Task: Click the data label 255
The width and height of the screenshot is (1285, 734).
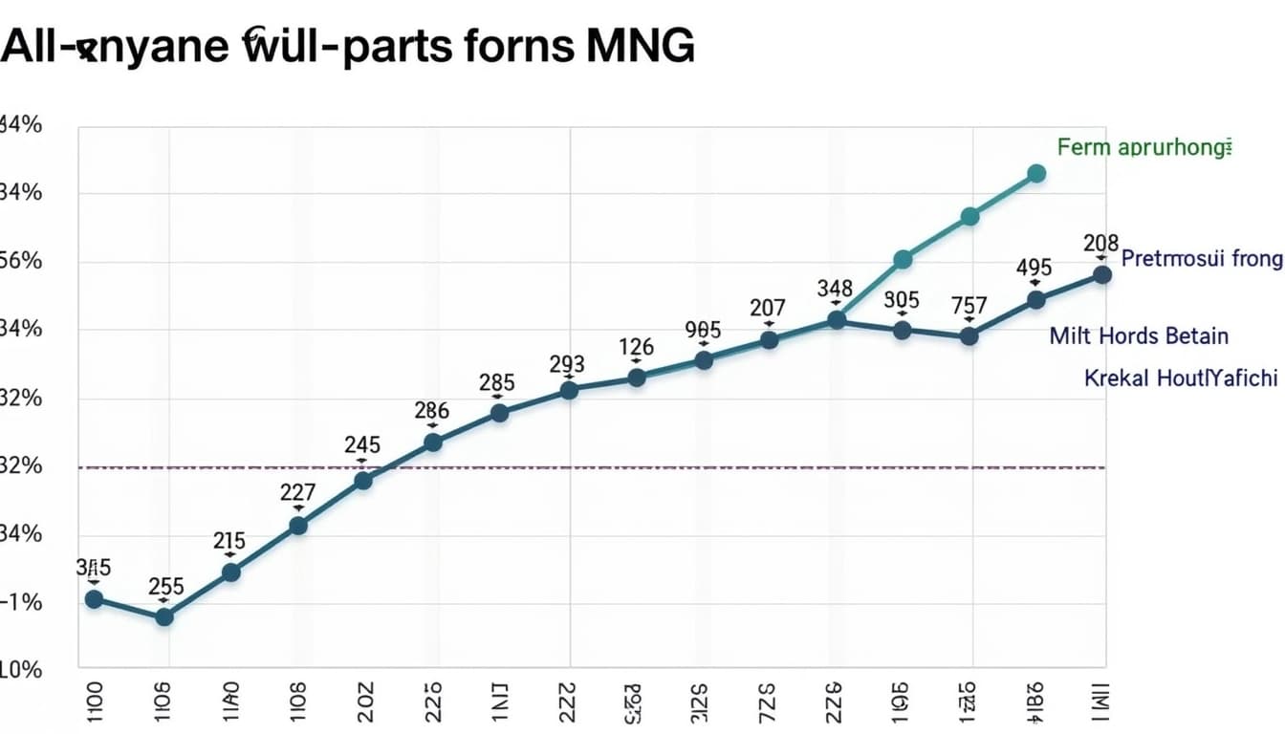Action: pyautogui.click(x=166, y=587)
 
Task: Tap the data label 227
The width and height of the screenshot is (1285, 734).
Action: pyautogui.click(x=298, y=493)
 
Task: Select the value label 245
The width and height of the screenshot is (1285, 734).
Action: pyautogui.click(x=362, y=444)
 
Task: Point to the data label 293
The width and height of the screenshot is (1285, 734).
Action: pyautogui.click(x=567, y=364)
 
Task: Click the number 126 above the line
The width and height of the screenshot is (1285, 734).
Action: pyautogui.click(x=637, y=347)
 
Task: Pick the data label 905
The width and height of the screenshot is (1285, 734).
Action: pyautogui.click(x=703, y=330)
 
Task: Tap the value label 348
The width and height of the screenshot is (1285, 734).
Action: pyautogui.click(x=836, y=288)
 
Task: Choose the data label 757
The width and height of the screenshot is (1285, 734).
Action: pyautogui.click(x=969, y=306)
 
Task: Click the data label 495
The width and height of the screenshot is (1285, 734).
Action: pyautogui.click(x=1034, y=268)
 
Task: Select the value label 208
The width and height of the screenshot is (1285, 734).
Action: pyautogui.click(x=1101, y=244)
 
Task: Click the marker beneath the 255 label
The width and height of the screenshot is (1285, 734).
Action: pyautogui.click(x=164, y=617)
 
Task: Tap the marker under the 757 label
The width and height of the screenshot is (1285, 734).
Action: pyautogui.click(x=969, y=336)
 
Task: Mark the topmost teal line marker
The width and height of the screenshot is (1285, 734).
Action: pyautogui.click(x=1036, y=173)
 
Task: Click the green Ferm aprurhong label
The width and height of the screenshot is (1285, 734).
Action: pyautogui.click(x=1142, y=147)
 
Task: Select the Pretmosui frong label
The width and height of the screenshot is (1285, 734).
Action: pyautogui.click(x=1200, y=258)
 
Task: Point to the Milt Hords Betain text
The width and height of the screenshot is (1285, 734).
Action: pyautogui.click(x=1139, y=335)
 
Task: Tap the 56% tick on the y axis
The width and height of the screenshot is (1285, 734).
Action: pyautogui.click(x=20, y=262)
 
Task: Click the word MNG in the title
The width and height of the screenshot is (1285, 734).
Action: pyautogui.click(x=645, y=46)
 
